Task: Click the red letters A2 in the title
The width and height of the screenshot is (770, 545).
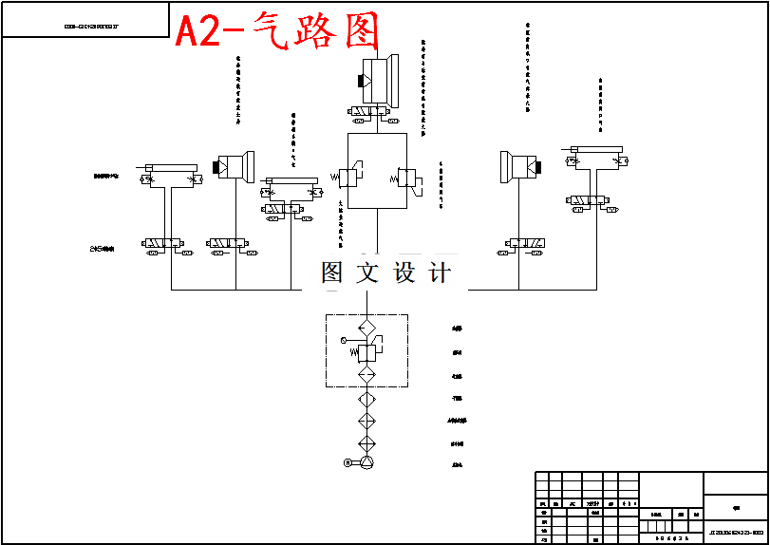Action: tap(197, 32)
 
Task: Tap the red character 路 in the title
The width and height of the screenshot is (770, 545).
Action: tap(313, 32)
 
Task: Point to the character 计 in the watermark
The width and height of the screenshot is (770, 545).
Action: tap(440, 273)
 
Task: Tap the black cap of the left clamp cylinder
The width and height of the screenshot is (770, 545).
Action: tap(219, 168)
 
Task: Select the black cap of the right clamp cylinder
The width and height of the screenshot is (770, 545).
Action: tap(538, 168)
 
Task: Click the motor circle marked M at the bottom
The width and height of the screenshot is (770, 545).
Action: tap(347, 462)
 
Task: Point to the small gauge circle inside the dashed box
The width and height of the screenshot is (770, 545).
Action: tap(344, 339)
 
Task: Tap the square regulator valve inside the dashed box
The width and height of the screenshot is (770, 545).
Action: tap(367, 352)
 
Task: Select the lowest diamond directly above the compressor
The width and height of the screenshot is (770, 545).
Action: tap(366, 444)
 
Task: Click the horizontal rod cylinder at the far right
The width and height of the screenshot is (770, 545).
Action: tap(596, 149)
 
